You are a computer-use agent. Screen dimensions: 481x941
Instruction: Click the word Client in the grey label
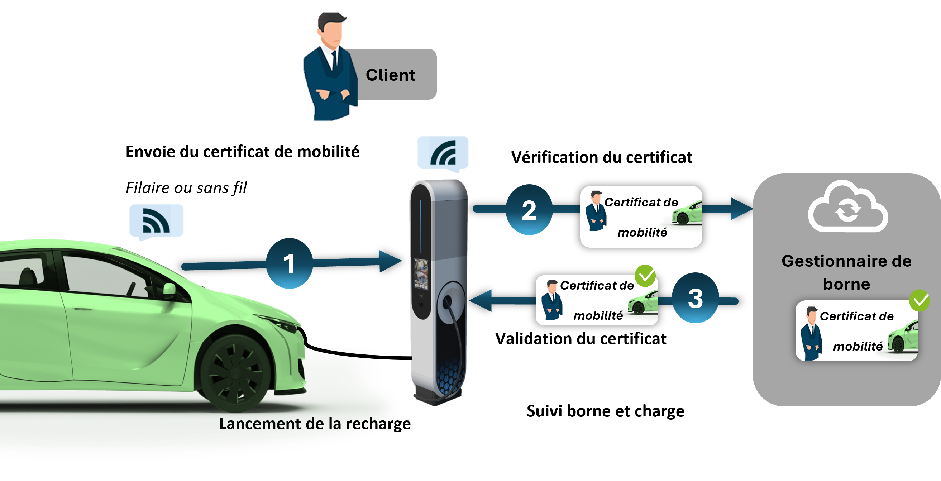pos(390,75)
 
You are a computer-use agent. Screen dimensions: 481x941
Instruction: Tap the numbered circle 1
pos(289,263)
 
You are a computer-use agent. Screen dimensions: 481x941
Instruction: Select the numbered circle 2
pos(529,210)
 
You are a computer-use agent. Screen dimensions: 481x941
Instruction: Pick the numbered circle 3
pos(695,298)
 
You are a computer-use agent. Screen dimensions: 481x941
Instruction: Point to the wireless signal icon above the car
pos(156,221)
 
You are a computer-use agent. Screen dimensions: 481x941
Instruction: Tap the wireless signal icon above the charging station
pos(443,152)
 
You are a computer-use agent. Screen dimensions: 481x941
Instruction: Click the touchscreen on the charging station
pos(421,275)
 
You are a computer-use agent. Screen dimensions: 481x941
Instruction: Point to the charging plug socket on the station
pos(447,302)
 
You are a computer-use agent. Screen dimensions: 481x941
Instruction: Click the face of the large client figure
pos(332,31)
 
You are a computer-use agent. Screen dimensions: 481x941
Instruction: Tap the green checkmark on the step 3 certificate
pos(645,276)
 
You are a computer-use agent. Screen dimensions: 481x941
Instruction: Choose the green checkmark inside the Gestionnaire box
pos(919,300)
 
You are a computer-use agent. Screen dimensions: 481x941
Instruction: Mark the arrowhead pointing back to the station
pos(481,300)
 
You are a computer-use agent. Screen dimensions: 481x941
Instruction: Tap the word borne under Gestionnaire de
pos(846,284)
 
